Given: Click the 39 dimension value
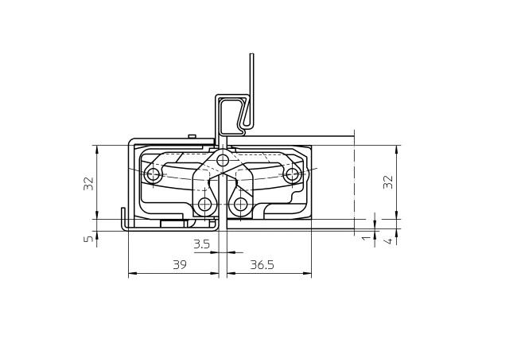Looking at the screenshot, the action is [180, 264].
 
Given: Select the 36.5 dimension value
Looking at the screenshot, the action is [262, 264].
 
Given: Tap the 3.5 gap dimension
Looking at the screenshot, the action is [202, 244].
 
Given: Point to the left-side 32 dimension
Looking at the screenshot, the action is [89, 183].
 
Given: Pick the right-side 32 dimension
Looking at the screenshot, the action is [387, 181].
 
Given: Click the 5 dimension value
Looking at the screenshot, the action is [89, 238].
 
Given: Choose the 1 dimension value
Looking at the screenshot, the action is [366, 238].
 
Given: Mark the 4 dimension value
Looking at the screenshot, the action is [388, 240].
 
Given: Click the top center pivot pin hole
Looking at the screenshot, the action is [222, 161].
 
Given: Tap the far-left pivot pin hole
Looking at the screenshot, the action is [154, 174].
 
